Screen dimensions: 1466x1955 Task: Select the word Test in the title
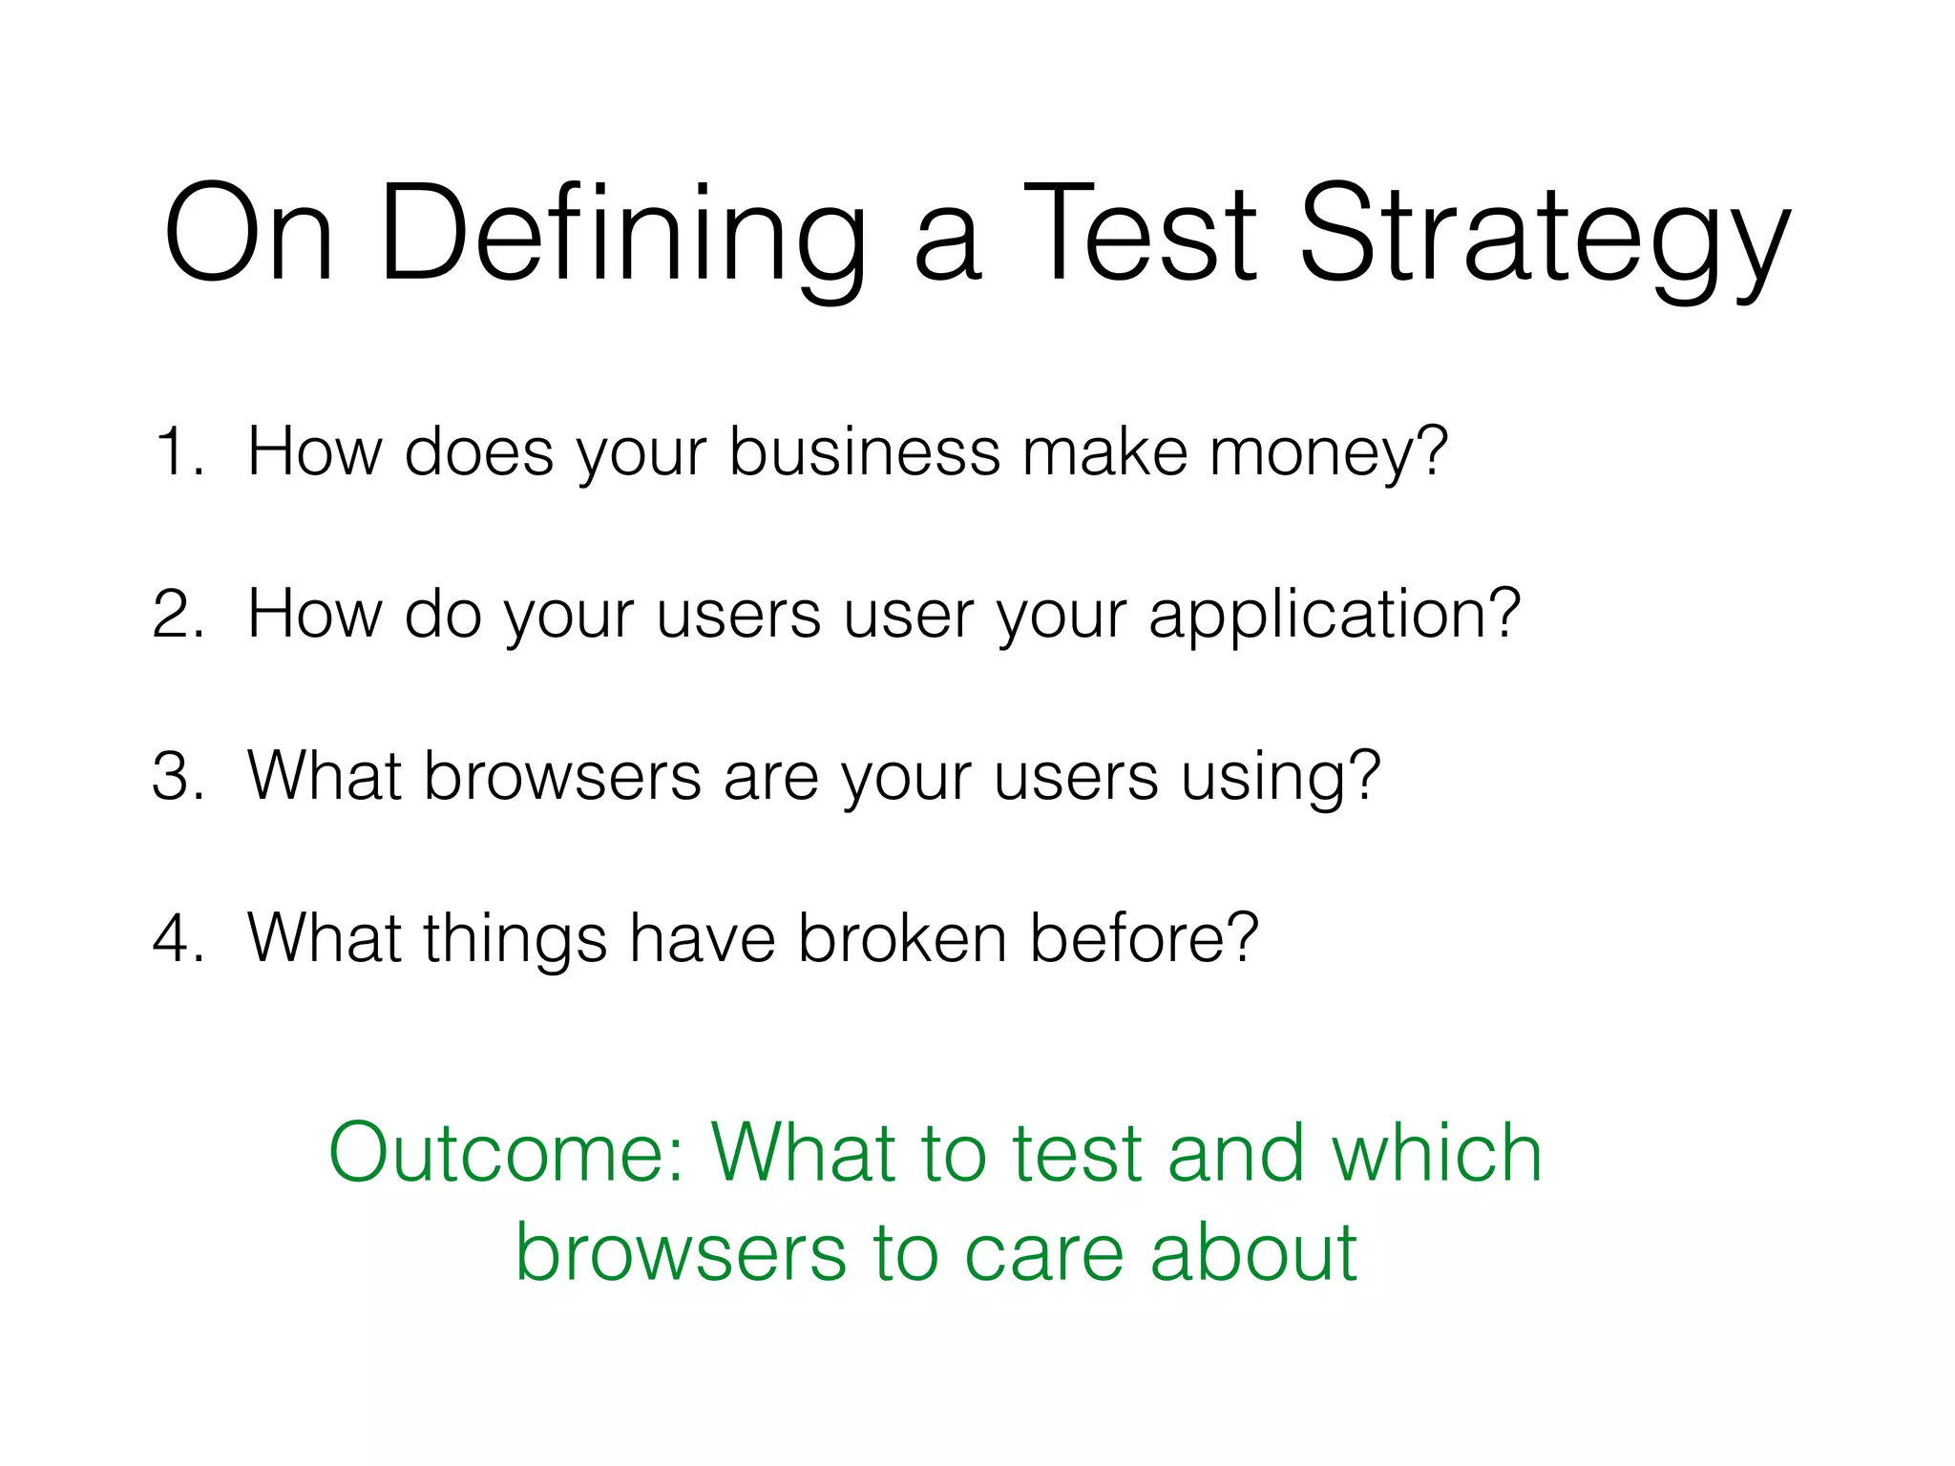click(x=1141, y=235)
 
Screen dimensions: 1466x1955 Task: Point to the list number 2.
click(x=178, y=613)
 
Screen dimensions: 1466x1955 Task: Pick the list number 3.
click(x=178, y=775)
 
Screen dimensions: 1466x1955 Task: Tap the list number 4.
click(x=178, y=937)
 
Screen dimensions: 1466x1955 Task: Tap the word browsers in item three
click(x=562, y=775)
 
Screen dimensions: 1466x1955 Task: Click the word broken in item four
click(x=902, y=937)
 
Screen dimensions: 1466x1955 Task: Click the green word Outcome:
click(x=507, y=1153)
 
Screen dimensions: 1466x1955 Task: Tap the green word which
click(x=1436, y=1153)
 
